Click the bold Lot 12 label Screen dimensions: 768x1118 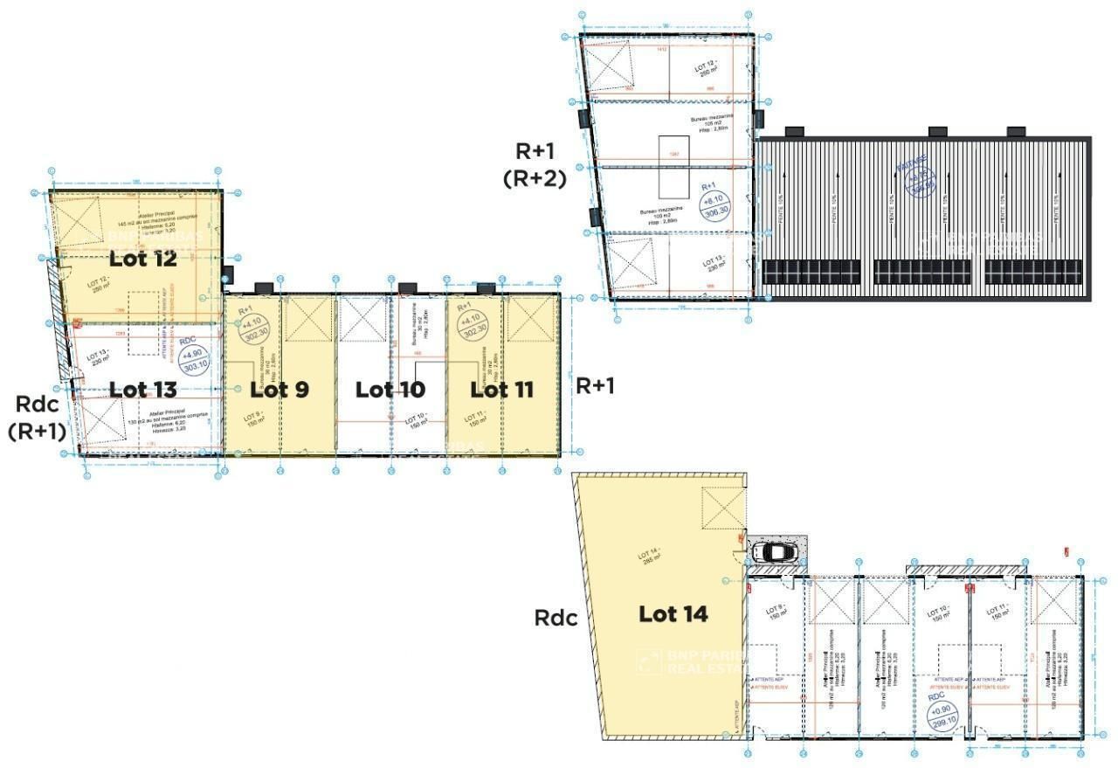[143, 259]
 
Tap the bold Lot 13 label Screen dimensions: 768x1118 [143, 389]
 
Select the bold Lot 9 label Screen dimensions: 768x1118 [279, 389]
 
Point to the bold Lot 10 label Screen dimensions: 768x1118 [390, 389]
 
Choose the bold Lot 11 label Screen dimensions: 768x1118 [501, 389]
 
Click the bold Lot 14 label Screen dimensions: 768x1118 [673, 613]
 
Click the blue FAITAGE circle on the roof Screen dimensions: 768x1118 [915, 178]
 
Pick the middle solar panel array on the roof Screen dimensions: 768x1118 [922, 272]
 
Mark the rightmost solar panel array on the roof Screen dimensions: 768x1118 [1032, 272]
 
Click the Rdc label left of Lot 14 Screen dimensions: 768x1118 [556, 618]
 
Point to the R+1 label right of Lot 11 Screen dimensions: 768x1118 [595, 385]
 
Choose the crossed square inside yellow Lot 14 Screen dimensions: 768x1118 [721, 508]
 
